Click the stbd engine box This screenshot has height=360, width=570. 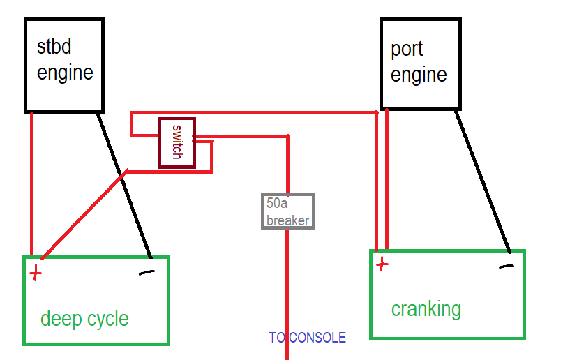pyautogui.click(x=64, y=65)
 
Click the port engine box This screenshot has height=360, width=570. pyautogui.click(x=421, y=63)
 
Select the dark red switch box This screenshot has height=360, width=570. pyautogui.click(x=177, y=142)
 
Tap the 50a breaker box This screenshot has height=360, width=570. pyautogui.click(x=287, y=211)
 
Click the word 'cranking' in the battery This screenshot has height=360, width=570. pyautogui.click(x=426, y=308)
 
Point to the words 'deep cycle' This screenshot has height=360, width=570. pyautogui.click(x=84, y=319)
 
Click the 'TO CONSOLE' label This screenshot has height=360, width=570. pyautogui.click(x=307, y=338)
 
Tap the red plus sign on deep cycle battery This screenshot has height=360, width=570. pyautogui.click(x=35, y=272)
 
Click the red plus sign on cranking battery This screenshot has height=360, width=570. pyautogui.click(x=382, y=264)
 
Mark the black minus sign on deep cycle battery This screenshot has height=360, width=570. pyautogui.click(x=147, y=272)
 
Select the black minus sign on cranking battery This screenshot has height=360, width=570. pyautogui.click(x=507, y=267)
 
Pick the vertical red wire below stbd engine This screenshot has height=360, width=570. pyautogui.click(x=32, y=181)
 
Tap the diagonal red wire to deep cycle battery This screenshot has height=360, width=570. pyautogui.click(x=84, y=213)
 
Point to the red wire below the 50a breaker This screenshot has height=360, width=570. pyautogui.click(x=287, y=293)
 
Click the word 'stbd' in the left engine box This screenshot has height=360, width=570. pyautogui.click(x=54, y=47)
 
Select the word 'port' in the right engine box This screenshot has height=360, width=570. pyautogui.click(x=407, y=50)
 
